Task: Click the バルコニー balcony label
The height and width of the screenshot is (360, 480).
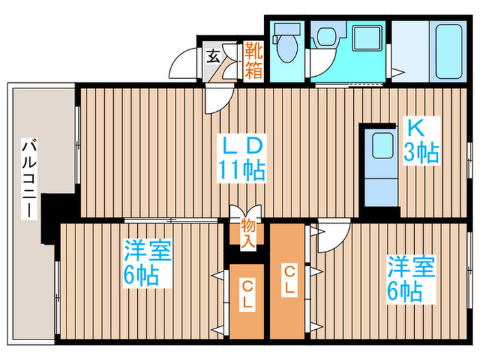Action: pyautogui.click(x=29, y=178)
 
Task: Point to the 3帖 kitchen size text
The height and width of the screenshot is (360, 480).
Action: pyautogui.click(x=420, y=152)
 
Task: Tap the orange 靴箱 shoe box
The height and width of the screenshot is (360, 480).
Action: pyautogui.click(x=253, y=60)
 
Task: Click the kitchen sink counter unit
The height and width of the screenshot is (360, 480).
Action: pyautogui.click(x=378, y=165)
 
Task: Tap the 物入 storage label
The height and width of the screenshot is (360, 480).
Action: pyautogui.click(x=248, y=232)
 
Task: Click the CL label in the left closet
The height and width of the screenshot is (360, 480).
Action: pyautogui.click(x=247, y=293)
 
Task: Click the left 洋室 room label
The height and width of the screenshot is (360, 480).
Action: pyautogui.click(x=146, y=250)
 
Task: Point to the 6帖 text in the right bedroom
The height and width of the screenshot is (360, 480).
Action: pyautogui.click(x=405, y=291)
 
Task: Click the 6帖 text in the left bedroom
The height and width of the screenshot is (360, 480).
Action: pyautogui.click(x=142, y=276)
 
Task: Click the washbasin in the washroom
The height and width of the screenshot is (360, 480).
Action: pyautogui.click(x=325, y=37)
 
